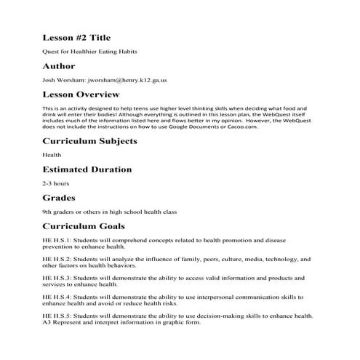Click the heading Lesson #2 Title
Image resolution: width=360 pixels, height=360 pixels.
coord(76,38)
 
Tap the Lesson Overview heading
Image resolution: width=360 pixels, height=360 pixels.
coord(82,95)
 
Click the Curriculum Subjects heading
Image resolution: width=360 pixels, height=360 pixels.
coord(89,141)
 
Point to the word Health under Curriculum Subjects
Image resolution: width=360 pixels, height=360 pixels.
coord(52,155)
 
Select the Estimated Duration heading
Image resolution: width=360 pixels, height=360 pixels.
coord(87,169)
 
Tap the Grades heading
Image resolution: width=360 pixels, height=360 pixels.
coord(60,197)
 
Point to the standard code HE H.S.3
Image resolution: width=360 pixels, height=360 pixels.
coord(58,277)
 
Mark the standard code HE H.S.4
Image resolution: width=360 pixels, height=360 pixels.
coord(58,297)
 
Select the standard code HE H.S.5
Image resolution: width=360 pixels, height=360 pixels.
coord(58,316)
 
